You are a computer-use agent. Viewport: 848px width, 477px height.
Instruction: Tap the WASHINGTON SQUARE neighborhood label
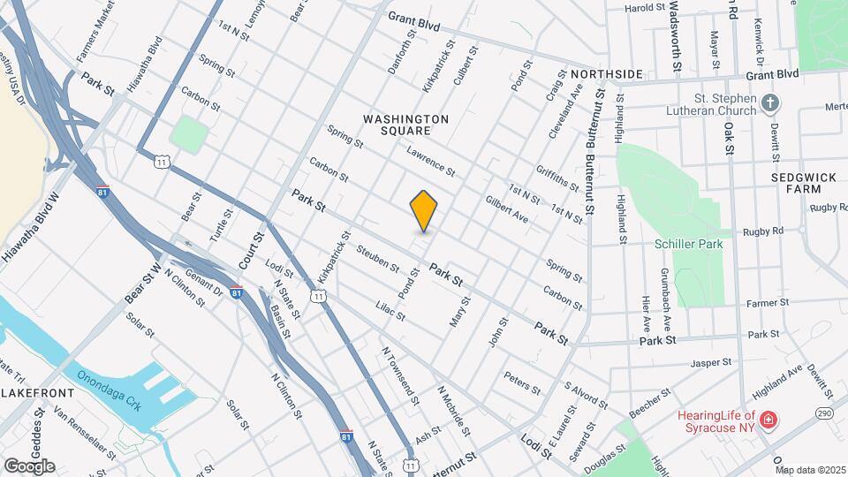(x=406, y=125)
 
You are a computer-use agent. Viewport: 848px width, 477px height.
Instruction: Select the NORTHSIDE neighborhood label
(x=605, y=74)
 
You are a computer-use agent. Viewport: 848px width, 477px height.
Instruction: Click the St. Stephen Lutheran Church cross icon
(x=771, y=104)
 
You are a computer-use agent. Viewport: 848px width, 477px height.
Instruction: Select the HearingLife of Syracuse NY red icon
(x=768, y=418)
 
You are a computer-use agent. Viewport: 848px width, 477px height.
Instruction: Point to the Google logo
(x=29, y=466)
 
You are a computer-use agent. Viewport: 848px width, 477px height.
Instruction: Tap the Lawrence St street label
(x=430, y=159)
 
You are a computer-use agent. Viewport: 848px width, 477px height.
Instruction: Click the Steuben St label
(x=378, y=257)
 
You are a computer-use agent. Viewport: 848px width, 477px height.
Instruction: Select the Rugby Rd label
(x=765, y=231)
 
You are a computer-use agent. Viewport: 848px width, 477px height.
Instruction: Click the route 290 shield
(x=824, y=413)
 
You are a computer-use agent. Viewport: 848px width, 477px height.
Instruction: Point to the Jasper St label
(x=712, y=362)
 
